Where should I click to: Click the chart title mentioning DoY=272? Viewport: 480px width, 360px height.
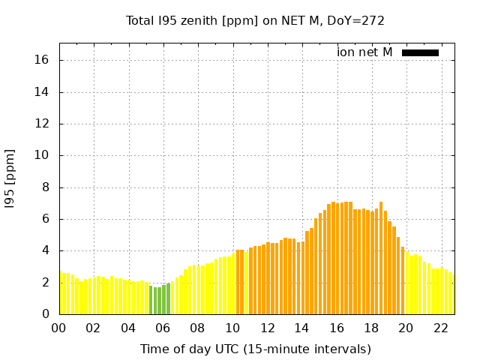pos(255,20)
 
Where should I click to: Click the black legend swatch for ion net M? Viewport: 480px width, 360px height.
pos(420,52)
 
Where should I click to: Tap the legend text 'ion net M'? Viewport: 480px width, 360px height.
pos(364,52)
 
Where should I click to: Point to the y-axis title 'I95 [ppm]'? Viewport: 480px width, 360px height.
pos(10,178)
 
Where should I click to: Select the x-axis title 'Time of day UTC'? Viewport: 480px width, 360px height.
pos(255,349)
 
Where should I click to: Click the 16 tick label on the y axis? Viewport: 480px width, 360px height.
pos(43,60)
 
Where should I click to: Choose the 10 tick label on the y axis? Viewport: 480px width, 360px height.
pos(43,155)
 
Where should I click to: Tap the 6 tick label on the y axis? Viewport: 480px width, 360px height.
pos(46,219)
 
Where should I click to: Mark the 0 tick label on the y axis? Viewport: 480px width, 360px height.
pos(46,314)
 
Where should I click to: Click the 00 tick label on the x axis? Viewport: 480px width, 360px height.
pos(58,328)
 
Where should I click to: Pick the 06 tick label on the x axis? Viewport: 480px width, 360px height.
pos(163,328)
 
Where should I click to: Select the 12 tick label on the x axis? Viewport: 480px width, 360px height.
pos(266,328)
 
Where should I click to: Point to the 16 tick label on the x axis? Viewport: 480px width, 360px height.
pos(336,328)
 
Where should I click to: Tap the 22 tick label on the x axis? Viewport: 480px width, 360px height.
pos(440,328)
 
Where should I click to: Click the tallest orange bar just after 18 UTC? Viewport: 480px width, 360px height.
pos(381,258)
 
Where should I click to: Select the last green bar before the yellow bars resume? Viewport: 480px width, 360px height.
pos(168,298)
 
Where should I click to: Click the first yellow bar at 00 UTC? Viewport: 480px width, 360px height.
pos(61,293)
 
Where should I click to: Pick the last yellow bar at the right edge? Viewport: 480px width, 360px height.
pos(451,294)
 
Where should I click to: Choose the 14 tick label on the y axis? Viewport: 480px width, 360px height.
pos(43,92)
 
